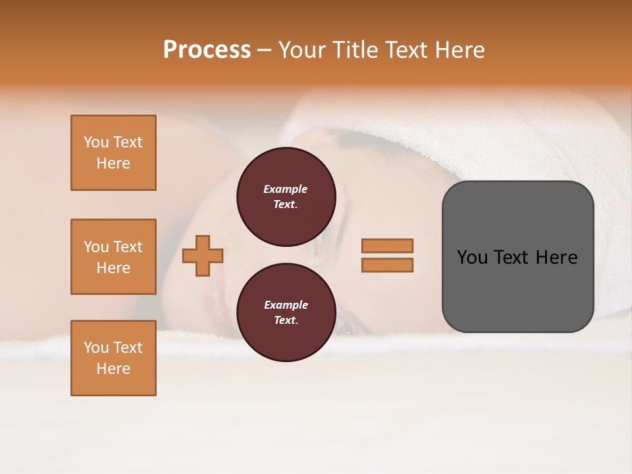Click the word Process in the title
[x=207, y=50]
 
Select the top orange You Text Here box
[x=113, y=153]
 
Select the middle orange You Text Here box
[x=113, y=257]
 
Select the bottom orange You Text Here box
[x=113, y=358]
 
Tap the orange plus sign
[x=203, y=255]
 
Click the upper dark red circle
[x=286, y=197]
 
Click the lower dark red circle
[x=286, y=313]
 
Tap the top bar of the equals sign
[x=387, y=246]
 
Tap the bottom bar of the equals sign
[x=387, y=265]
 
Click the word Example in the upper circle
[x=286, y=189]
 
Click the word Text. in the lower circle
[x=286, y=321]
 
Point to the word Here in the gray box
[x=556, y=257]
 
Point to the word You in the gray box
[x=473, y=257]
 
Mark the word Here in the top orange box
[x=113, y=163]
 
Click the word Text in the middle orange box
[x=128, y=247]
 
